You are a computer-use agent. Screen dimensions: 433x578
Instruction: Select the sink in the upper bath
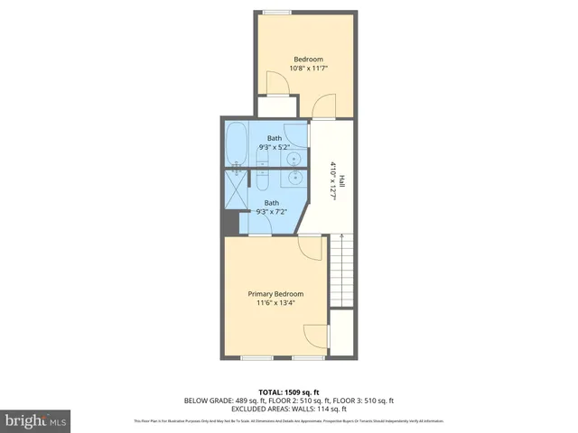tap(294, 160)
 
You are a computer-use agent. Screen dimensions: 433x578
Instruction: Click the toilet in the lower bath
tap(262, 180)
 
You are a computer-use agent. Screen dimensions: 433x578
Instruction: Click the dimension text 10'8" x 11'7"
tap(307, 69)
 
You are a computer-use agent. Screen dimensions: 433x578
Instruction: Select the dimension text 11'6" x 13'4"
tap(275, 303)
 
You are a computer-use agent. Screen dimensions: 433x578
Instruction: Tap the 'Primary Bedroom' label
tap(275, 294)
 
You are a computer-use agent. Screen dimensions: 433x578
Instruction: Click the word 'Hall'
tap(341, 180)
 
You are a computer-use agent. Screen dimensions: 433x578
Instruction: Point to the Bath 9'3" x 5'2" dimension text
tap(274, 147)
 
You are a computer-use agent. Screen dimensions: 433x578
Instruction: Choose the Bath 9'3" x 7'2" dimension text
tap(272, 212)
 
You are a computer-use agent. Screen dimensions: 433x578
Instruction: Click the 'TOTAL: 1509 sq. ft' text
tap(289, 392)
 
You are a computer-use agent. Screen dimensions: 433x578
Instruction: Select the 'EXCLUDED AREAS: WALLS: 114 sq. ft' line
tap(289, 409)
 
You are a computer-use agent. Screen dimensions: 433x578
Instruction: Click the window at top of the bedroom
tap(277, 12)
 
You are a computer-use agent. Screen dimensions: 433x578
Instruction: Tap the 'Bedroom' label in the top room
tap(307, 60)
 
